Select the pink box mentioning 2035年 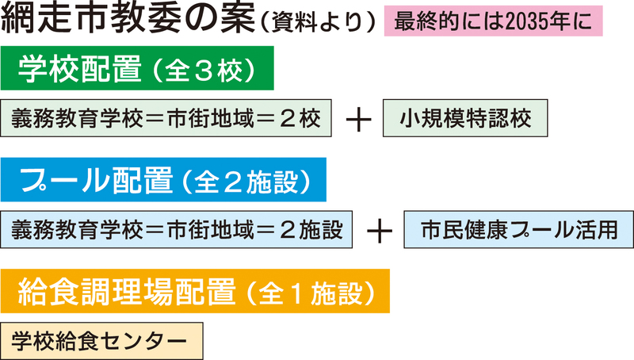(x=493, y=21)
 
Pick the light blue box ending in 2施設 (x=177, y=229)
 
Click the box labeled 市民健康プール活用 (x=518, y=229)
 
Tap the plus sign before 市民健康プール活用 (x=382, y=230)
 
